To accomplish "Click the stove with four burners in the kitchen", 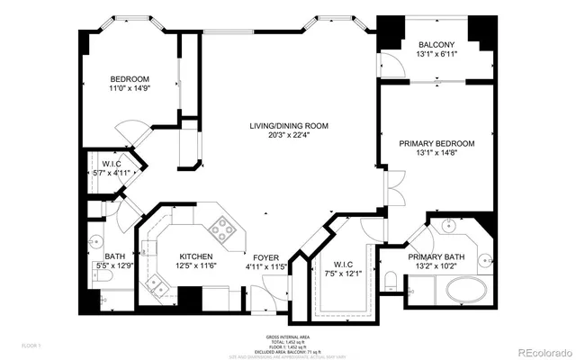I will click(x=221, y=230).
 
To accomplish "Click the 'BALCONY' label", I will click(x=436, y=44).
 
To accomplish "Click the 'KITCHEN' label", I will click(x=195, y=256).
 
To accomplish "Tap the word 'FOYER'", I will click(x=266, y=256).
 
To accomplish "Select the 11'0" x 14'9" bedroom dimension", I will click(x=130, y=89).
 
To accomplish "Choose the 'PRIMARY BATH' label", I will click(x=436, y=256).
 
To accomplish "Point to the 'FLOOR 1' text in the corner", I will click(x=31, y=344).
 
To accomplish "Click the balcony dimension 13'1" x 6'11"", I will click(x=436, y=54).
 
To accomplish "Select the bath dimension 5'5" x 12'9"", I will click(x=115, y=265).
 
